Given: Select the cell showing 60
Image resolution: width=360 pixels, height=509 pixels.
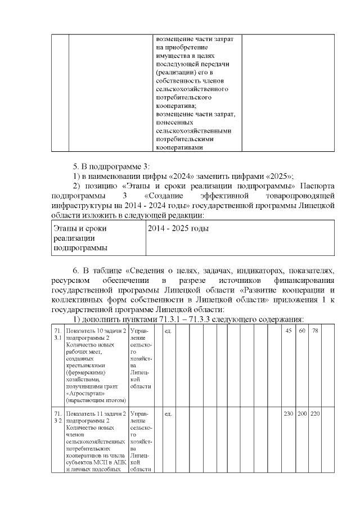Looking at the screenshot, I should pos(302,330).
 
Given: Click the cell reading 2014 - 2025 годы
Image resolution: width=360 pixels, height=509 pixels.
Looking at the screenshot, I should pos(178,229).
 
